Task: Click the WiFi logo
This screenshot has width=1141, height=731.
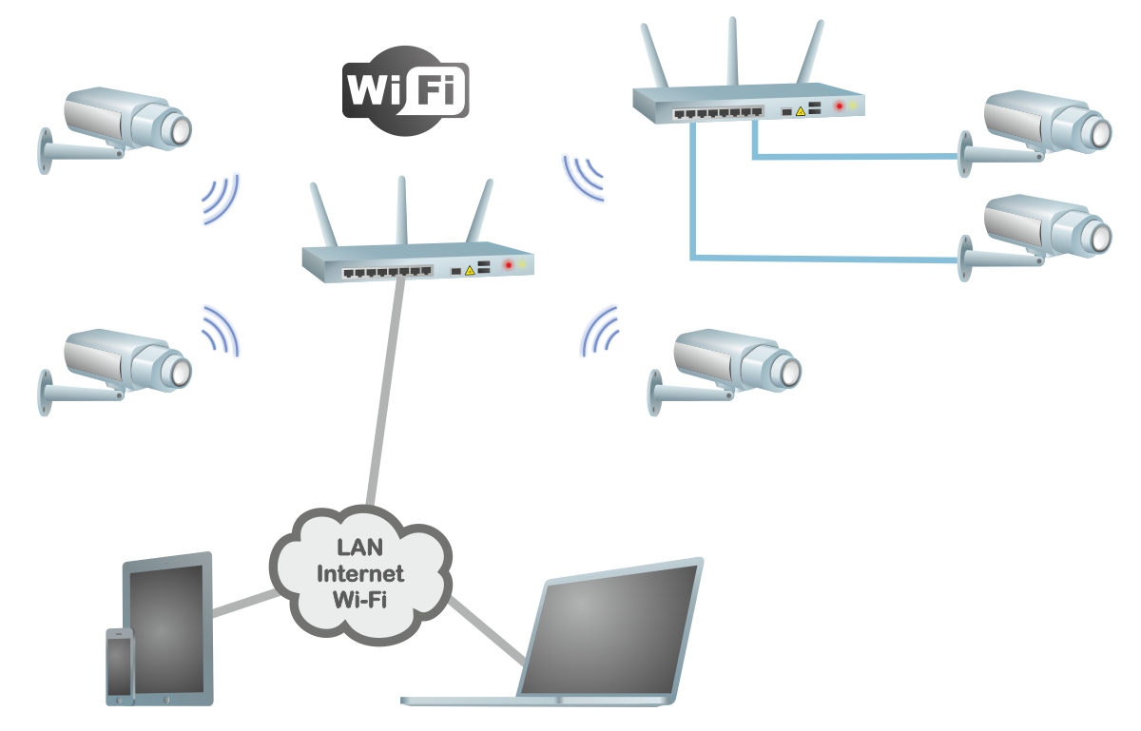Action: click(x=405, y=89)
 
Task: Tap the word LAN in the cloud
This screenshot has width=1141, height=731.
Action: click(x=359, y=548)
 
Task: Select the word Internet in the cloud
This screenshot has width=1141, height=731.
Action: click(x=359, y=573)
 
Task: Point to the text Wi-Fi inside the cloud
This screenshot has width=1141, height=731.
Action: click(x=359, y=599)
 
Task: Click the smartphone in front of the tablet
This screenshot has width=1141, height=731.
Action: click(x=120, y=666)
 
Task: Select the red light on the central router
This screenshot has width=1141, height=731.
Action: click(x=509, y=264)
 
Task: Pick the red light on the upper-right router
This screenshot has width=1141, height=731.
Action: click(x=839, y=106)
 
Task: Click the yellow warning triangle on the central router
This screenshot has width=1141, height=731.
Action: click(x=470, y=271)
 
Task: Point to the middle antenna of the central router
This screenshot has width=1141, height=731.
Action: click(x=403, y=209)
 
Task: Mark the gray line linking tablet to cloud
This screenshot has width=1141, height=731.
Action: click(x=242, y=604)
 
